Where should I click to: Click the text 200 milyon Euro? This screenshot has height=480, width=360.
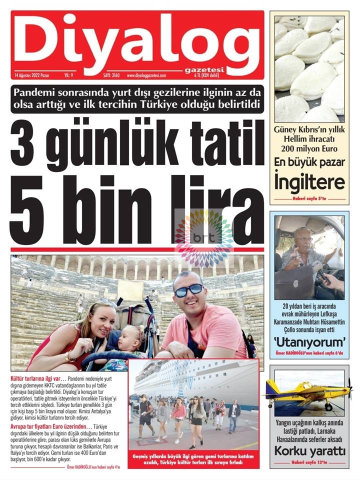[309, 148]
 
